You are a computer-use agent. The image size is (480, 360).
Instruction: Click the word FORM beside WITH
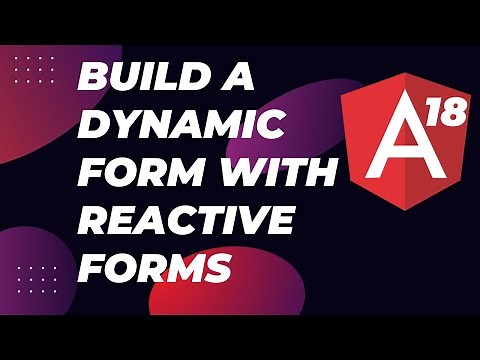click(125, 172)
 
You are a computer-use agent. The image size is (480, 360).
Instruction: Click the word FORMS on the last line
click(154, 267)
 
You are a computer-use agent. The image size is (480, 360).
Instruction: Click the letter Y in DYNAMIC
click(118, 126)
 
